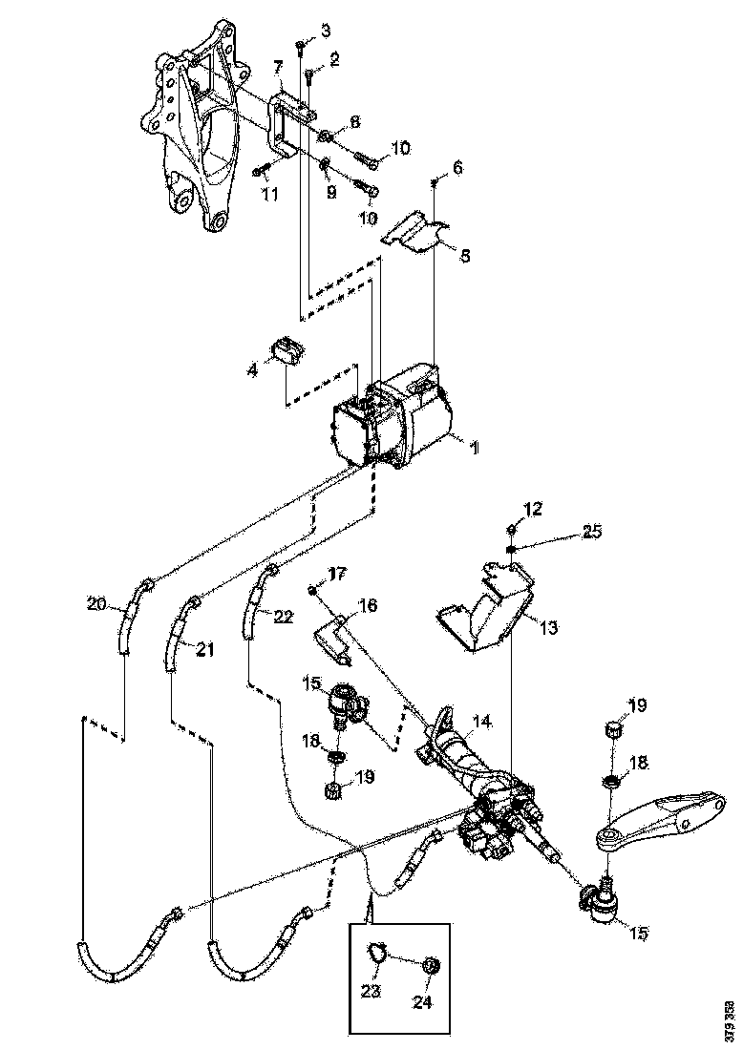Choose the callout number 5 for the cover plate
(x=465, y=256)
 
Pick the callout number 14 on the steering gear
(x=483, y=724)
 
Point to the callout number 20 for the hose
(x=96, y=603)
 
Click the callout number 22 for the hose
(x=283, y=618)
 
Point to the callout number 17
(x=336, y=575)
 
